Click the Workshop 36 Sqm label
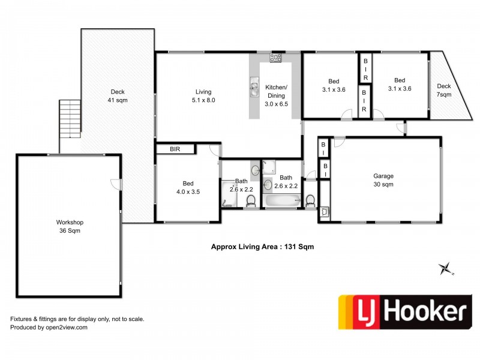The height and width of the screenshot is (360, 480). (70, 226)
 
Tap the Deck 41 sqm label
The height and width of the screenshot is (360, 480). (118, 96)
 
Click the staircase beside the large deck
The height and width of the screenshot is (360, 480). (69, 119)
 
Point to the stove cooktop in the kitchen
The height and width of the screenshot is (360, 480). (276, 58)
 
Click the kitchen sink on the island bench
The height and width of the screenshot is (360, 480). (254, 88)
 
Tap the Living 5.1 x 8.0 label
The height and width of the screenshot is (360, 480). (202, 96)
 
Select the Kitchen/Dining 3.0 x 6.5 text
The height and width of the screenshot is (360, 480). (277, 95)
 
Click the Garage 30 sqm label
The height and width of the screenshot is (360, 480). (383, 181)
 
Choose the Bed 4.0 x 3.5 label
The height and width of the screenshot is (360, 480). (188, 188)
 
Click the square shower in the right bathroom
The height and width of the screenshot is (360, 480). (269, 167)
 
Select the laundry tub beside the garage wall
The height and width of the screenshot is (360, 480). (325, 211)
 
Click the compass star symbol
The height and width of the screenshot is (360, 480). (445, 269)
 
